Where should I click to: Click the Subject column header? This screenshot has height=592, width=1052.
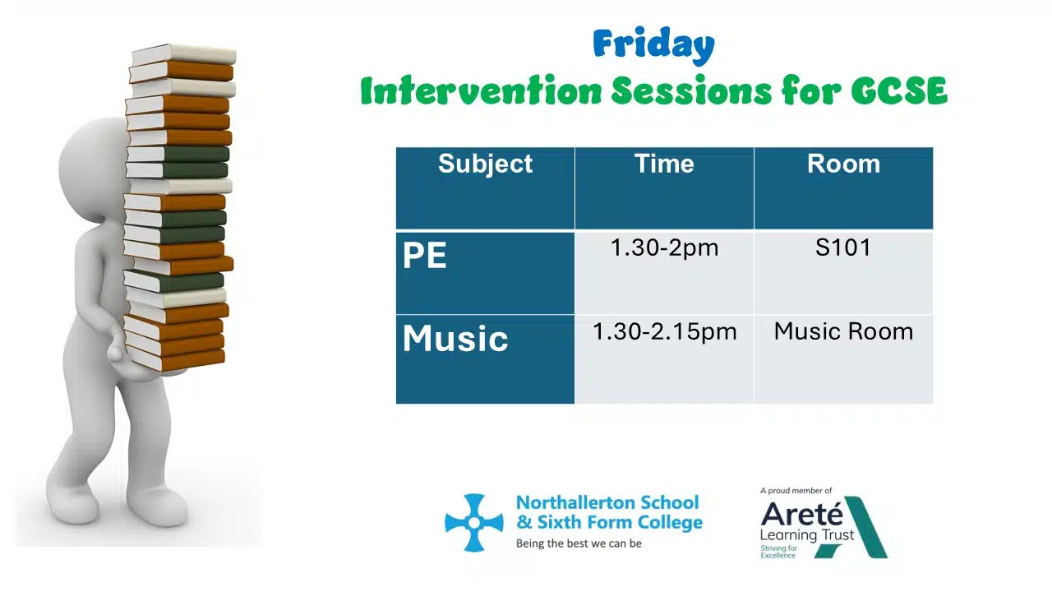coord(485,164)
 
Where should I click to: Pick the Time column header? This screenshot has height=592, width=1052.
coord(664,164)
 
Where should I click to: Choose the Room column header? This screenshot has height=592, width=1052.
coord(843,164)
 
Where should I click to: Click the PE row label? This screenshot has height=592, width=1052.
coord(425,255)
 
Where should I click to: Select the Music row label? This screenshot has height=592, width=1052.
coord(455,338)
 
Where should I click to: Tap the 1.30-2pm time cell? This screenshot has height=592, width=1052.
coord(664,247)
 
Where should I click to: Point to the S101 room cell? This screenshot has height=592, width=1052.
coord(843,247)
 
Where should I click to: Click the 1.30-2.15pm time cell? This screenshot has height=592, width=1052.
coord(664,331)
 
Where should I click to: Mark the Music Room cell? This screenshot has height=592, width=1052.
coord(843,331)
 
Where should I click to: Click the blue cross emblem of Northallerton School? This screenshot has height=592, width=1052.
coord(474,522)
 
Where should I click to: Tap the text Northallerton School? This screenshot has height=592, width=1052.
coord(607,502)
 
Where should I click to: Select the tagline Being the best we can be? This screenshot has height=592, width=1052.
coord(579,543)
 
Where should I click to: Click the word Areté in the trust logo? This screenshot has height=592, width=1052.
coord(801,514)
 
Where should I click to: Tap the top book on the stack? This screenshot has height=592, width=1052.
coord(183,54)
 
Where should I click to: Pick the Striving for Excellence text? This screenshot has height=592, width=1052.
coord(778,552)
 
